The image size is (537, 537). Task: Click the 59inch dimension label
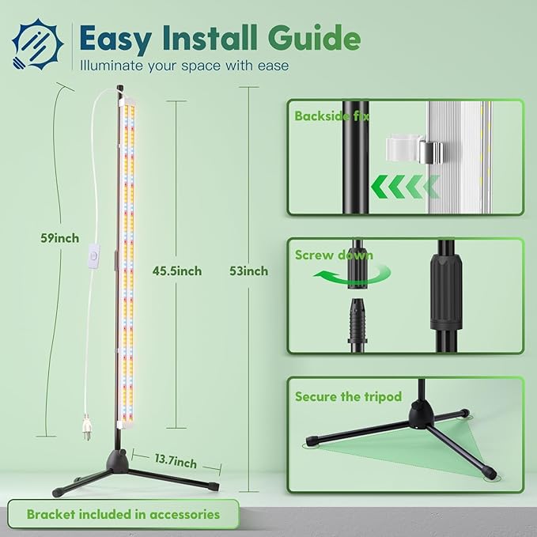coord(59,237)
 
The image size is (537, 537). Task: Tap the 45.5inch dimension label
coord(176,270)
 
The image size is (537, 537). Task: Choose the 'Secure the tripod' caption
coord(348,396)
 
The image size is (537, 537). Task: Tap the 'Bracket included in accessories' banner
coord(123,514)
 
